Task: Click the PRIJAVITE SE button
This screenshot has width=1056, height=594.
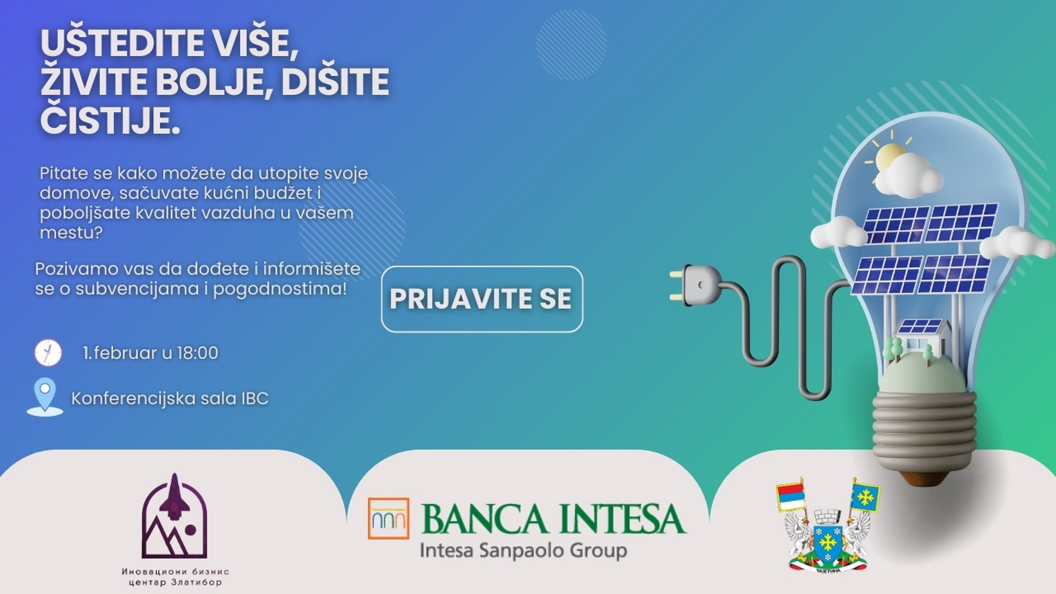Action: (481, 299)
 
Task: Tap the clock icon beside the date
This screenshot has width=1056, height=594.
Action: (48, 353)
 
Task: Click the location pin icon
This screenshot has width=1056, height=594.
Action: (45, 397)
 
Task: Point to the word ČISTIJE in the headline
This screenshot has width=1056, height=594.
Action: (110, 120)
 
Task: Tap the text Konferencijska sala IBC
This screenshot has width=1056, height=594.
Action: (170, 399)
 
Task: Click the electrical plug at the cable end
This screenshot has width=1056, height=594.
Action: (696, 284)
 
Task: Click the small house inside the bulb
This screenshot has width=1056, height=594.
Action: (920, 336)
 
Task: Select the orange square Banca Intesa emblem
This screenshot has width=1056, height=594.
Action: (388, 518)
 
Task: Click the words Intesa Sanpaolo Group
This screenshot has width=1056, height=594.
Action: (523, 551)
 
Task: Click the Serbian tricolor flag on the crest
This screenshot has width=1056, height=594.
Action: (791, 498)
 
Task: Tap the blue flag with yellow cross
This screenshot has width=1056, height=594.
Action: (865, 497)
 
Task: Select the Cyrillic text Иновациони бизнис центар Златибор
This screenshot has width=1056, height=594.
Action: (175, 577)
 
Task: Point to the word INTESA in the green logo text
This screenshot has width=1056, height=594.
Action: (621, 519)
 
